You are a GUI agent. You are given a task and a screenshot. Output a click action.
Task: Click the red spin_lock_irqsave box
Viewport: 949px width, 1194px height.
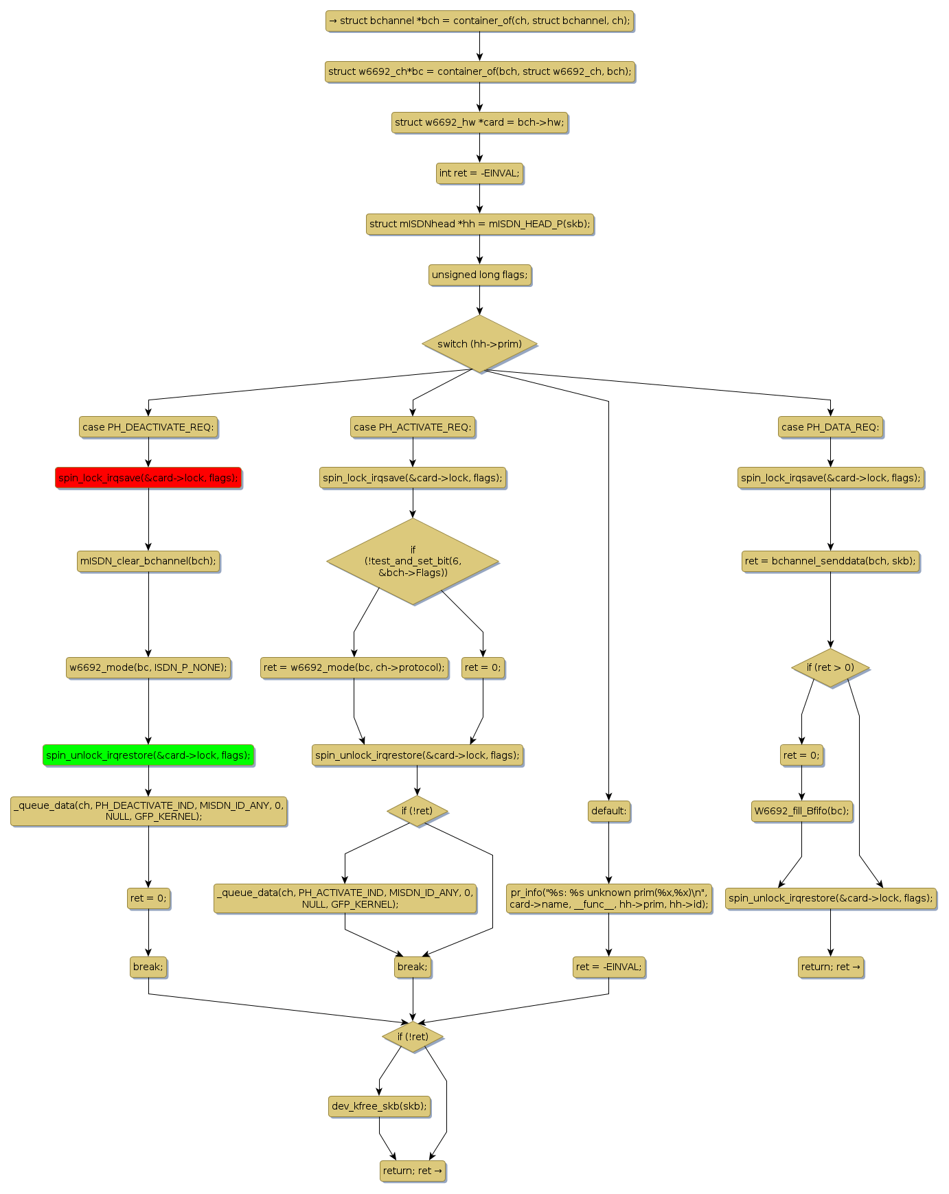[148, 478]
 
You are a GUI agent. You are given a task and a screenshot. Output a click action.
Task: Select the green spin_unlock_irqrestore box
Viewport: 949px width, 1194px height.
[148, 755]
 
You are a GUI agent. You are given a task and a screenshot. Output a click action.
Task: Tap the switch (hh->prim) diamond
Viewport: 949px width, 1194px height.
[479, 344]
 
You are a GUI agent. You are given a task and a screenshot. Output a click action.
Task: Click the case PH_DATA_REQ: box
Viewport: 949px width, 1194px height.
[830, 427]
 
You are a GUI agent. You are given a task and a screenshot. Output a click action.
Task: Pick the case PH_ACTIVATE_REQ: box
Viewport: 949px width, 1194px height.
[413, 427]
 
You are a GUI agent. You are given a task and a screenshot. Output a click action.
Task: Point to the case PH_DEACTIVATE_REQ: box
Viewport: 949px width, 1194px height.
[148, 427]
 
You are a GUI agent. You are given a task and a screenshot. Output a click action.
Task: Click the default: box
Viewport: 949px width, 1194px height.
[608, 811]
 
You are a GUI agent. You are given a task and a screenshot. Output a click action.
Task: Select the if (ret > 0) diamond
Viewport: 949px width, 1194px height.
[830, 667]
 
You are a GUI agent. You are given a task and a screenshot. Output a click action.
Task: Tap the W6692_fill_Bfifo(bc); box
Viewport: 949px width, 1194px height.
[801, 811]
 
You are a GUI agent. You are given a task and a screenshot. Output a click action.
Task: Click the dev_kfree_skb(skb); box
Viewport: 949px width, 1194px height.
[379, 1106]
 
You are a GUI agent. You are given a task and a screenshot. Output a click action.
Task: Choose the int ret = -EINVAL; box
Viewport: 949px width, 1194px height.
[479, 173]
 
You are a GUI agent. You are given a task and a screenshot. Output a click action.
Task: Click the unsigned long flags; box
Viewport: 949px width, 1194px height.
[479, 275]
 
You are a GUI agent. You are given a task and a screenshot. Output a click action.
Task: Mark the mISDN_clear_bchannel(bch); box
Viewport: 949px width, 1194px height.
[148, 561]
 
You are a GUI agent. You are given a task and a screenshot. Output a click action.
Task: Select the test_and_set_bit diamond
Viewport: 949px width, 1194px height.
[413, 561]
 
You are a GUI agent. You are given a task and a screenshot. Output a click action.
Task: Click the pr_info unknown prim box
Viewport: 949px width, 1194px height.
[608, 898]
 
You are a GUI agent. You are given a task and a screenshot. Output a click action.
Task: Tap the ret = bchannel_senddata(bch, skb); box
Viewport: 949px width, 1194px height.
[830, 561]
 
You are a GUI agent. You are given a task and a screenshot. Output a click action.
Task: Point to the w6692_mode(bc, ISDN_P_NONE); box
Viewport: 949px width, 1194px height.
[148, 667]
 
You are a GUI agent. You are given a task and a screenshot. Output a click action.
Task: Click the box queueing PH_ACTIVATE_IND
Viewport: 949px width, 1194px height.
[345, 898]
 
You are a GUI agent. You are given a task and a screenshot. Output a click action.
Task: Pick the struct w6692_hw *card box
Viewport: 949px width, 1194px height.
[479, 122]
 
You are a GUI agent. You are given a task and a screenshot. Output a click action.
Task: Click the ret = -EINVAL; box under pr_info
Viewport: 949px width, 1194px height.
[608, 967]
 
